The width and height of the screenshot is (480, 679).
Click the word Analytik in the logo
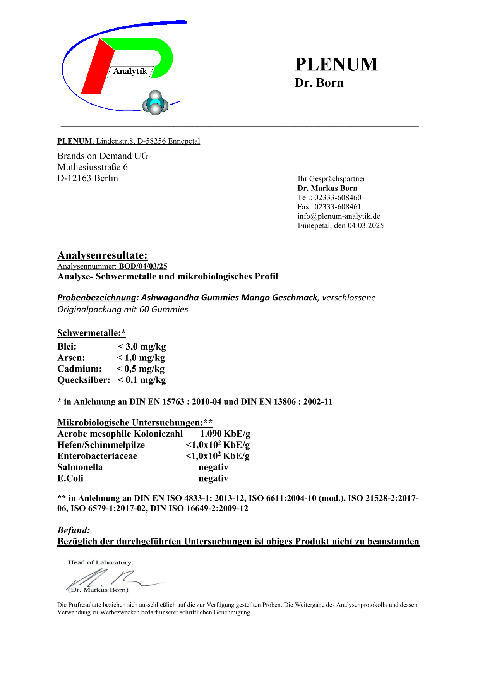pyautogui.click(x=130, y=71)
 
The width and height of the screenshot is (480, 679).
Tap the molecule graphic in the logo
pyautogui.click(x=155, y=103)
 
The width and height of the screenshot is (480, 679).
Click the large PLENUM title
pyautogui.click(x=336, y=64)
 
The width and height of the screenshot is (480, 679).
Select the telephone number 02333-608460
pyautogui.click(x=338, y=197)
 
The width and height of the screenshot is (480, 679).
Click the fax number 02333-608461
pyautogui.click(x=338, y=207)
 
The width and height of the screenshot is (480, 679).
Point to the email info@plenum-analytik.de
pyautogui.click(x=339, y=216)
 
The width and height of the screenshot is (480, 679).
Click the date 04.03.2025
pyautogui.click(x=365, y=225)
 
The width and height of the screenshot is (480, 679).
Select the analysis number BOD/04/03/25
pyautogui.click(x=143, y=266)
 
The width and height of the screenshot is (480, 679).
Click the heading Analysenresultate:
pyautogui.click(x=102, y=255)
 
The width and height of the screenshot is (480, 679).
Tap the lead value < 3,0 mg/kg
pyautogui.click(x=142, y=346)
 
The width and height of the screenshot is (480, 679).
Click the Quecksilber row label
pyautogui.click(x=84, y=380)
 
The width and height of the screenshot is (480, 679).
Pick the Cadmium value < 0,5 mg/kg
pyautogui.click(x=141, y=369)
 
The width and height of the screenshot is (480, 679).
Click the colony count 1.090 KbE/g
pyautogui.click(x=225, y=434)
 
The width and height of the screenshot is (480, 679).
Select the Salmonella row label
pyautogui.click(x=80, y=467)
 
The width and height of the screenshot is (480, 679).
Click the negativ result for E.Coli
pyautogui.click(x=213, y=478)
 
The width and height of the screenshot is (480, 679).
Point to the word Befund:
pyautogui.click(x=74, y=530)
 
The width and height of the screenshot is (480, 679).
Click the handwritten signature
pyautogui.click(x=112, y=579)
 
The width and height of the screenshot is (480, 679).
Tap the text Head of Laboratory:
pyautogui.click(x=101, y=562)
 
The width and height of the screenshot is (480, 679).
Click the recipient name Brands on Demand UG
pyautogui.click(x=103, y=156)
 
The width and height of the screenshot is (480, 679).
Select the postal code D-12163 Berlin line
pyautogui.click(x=87, y=178)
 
